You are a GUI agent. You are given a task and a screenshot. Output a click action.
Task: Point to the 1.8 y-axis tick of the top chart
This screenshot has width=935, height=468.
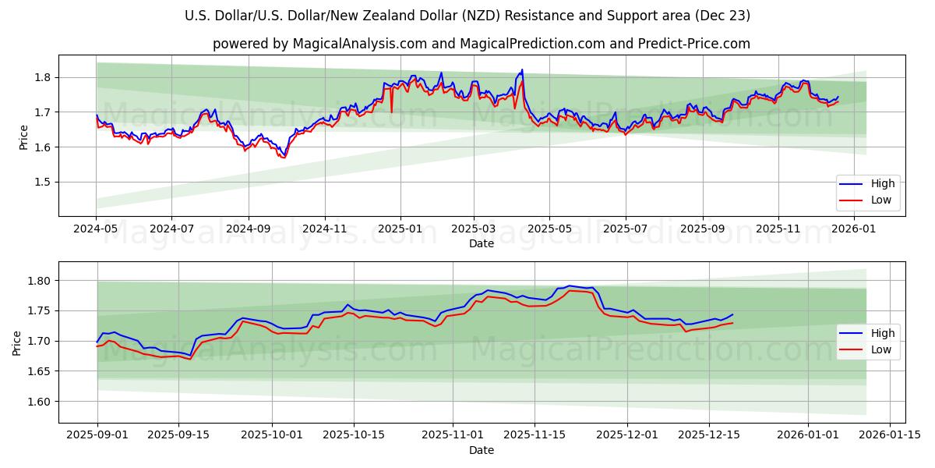click(44, 77)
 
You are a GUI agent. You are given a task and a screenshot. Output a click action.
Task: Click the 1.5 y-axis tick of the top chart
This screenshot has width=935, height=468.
click(44, 182)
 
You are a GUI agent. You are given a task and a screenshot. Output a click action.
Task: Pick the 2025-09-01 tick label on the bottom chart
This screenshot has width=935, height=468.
click(97, 434)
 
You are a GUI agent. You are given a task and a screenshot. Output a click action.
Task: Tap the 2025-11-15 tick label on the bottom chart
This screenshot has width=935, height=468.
click(535, 434)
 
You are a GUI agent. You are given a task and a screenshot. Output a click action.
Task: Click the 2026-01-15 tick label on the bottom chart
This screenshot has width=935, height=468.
click(884, 434)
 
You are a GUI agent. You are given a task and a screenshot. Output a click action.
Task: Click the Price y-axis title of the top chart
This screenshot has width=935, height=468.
click(23, 135)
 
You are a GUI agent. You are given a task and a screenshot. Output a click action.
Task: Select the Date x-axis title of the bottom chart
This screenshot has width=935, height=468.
click(482, 450)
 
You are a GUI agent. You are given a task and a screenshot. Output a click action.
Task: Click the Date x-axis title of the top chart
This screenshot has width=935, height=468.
click(482, 243)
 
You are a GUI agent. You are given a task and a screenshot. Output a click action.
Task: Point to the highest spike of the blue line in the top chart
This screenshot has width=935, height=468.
click(522, 69)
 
